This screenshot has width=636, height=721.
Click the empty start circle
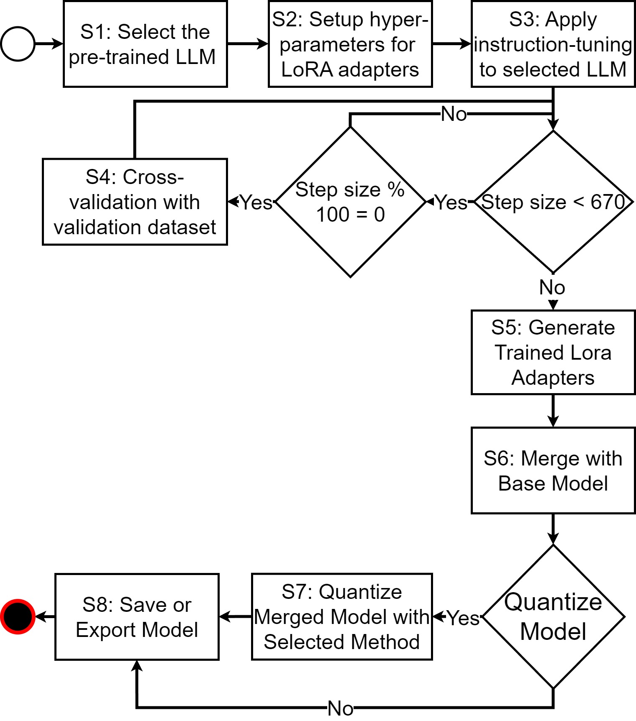pos(18,44)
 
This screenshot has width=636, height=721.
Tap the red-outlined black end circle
pos(18,616)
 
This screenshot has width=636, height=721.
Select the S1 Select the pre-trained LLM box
pos(145,44)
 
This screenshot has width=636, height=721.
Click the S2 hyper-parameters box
pos(350,44)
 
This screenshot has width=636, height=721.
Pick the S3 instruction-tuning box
pos(553,44)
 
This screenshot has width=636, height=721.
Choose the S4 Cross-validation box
pos(135,202)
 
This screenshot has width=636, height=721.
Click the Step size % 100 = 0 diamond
pos(350,202)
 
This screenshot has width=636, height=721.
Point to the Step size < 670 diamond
pos(553,202)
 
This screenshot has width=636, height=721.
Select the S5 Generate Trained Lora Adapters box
pos(553,352)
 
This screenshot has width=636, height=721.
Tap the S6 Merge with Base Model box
pos(553,470)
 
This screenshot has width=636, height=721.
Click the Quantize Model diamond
pos(553,616)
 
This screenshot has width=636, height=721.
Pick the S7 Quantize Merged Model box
pos(341,616)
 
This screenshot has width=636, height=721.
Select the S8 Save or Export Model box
pos(137,616)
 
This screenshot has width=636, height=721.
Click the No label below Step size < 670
pos(552,288)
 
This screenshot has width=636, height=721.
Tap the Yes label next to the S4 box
pos(256,202)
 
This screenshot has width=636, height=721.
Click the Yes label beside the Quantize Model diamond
pos(463,618)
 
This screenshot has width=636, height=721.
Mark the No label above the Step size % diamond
pos(454,114)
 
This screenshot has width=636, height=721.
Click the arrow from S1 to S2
pos(248,43)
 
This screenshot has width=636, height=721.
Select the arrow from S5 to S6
pos(553,411)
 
